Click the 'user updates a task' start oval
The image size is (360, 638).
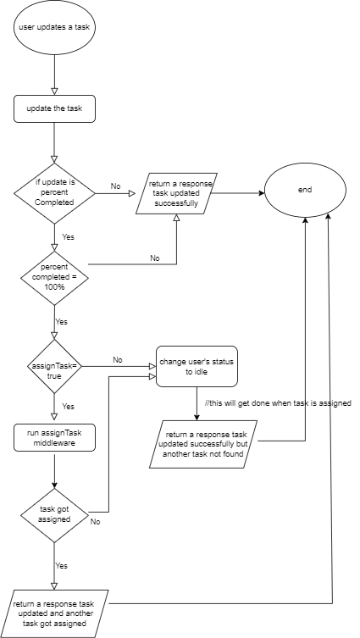(x=54, y=28)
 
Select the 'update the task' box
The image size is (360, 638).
(x=54, y=108)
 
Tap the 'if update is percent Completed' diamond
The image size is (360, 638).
(x=54, y=193)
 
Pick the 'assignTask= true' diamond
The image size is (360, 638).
(x=54, y=366)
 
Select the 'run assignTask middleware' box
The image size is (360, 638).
(x=54, y=438)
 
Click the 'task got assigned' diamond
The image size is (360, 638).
(x=54, y=515)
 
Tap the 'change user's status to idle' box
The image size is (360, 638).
(x=197, y=366)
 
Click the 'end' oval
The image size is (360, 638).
(x=305, y=190)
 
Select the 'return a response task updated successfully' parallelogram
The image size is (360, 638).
(x=176, y=193)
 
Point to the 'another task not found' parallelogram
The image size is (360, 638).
(x=204, y=444)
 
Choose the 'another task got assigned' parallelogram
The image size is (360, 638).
(x=54, y=613)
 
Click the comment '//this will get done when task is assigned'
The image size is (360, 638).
(x=278, y=403)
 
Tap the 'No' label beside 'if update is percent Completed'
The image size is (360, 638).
(x=115, y=186)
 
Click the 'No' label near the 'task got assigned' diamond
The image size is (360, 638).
(x=95, y=522)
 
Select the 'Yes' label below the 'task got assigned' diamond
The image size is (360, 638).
(x=62, y=566)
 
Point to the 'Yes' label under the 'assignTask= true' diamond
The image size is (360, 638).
(x=68, y=407)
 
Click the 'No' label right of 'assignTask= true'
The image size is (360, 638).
(x=118, y=360)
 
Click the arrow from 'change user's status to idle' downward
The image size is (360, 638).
(x=197, y=403)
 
